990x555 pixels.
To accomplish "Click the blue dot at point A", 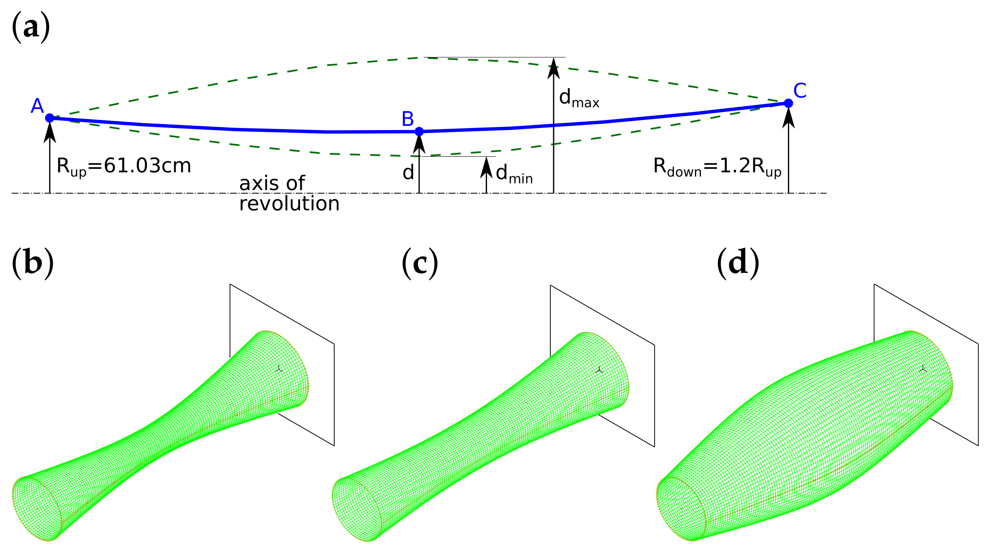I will (50, 118).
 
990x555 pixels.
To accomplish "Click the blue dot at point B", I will (419, 132).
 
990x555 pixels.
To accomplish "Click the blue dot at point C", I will (788, 103).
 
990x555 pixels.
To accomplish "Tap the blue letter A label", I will (37, 106).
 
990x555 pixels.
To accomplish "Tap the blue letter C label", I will (800, 91).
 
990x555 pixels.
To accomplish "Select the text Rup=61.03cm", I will (124, 166).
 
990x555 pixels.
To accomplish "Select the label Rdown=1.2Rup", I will (717, 166).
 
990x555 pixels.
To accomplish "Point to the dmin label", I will (514, 174).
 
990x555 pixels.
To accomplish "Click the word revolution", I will (289, 204).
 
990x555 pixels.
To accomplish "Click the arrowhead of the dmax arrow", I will (554, 68).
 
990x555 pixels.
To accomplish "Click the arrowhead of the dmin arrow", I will (487, 167).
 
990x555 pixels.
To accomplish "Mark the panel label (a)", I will (31, 27).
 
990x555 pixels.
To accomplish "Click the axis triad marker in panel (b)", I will (279, 369).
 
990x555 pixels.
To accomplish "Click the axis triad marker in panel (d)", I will (923, 369).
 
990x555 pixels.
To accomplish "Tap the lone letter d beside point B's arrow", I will (408, 173).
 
